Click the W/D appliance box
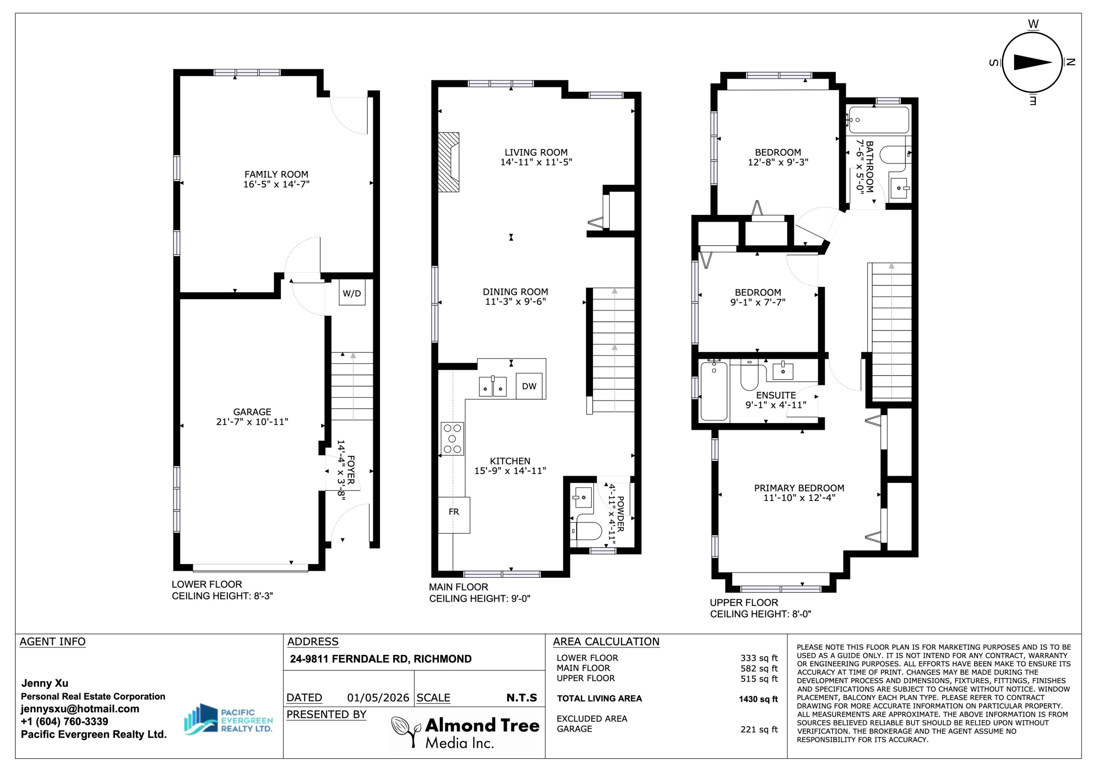352,293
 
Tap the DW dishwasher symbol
529,386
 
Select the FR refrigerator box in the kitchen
454,515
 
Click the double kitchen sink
493,386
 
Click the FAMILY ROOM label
276,174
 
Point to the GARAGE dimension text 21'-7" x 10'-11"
252,421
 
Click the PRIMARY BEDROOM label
799,488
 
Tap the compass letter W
1033,24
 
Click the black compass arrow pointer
1033,62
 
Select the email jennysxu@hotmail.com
80,709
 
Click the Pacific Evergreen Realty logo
228,720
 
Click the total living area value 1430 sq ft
758,699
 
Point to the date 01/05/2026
378,698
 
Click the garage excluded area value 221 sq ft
759,729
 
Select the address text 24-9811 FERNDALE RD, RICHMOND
381,659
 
